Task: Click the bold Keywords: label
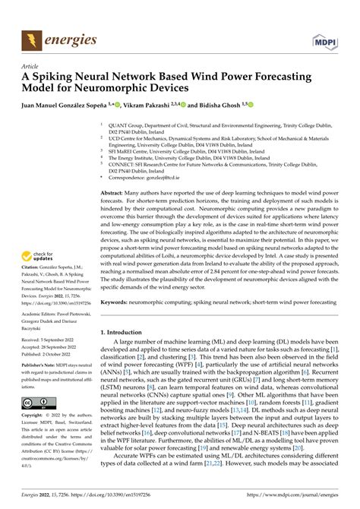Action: point(117,302)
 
